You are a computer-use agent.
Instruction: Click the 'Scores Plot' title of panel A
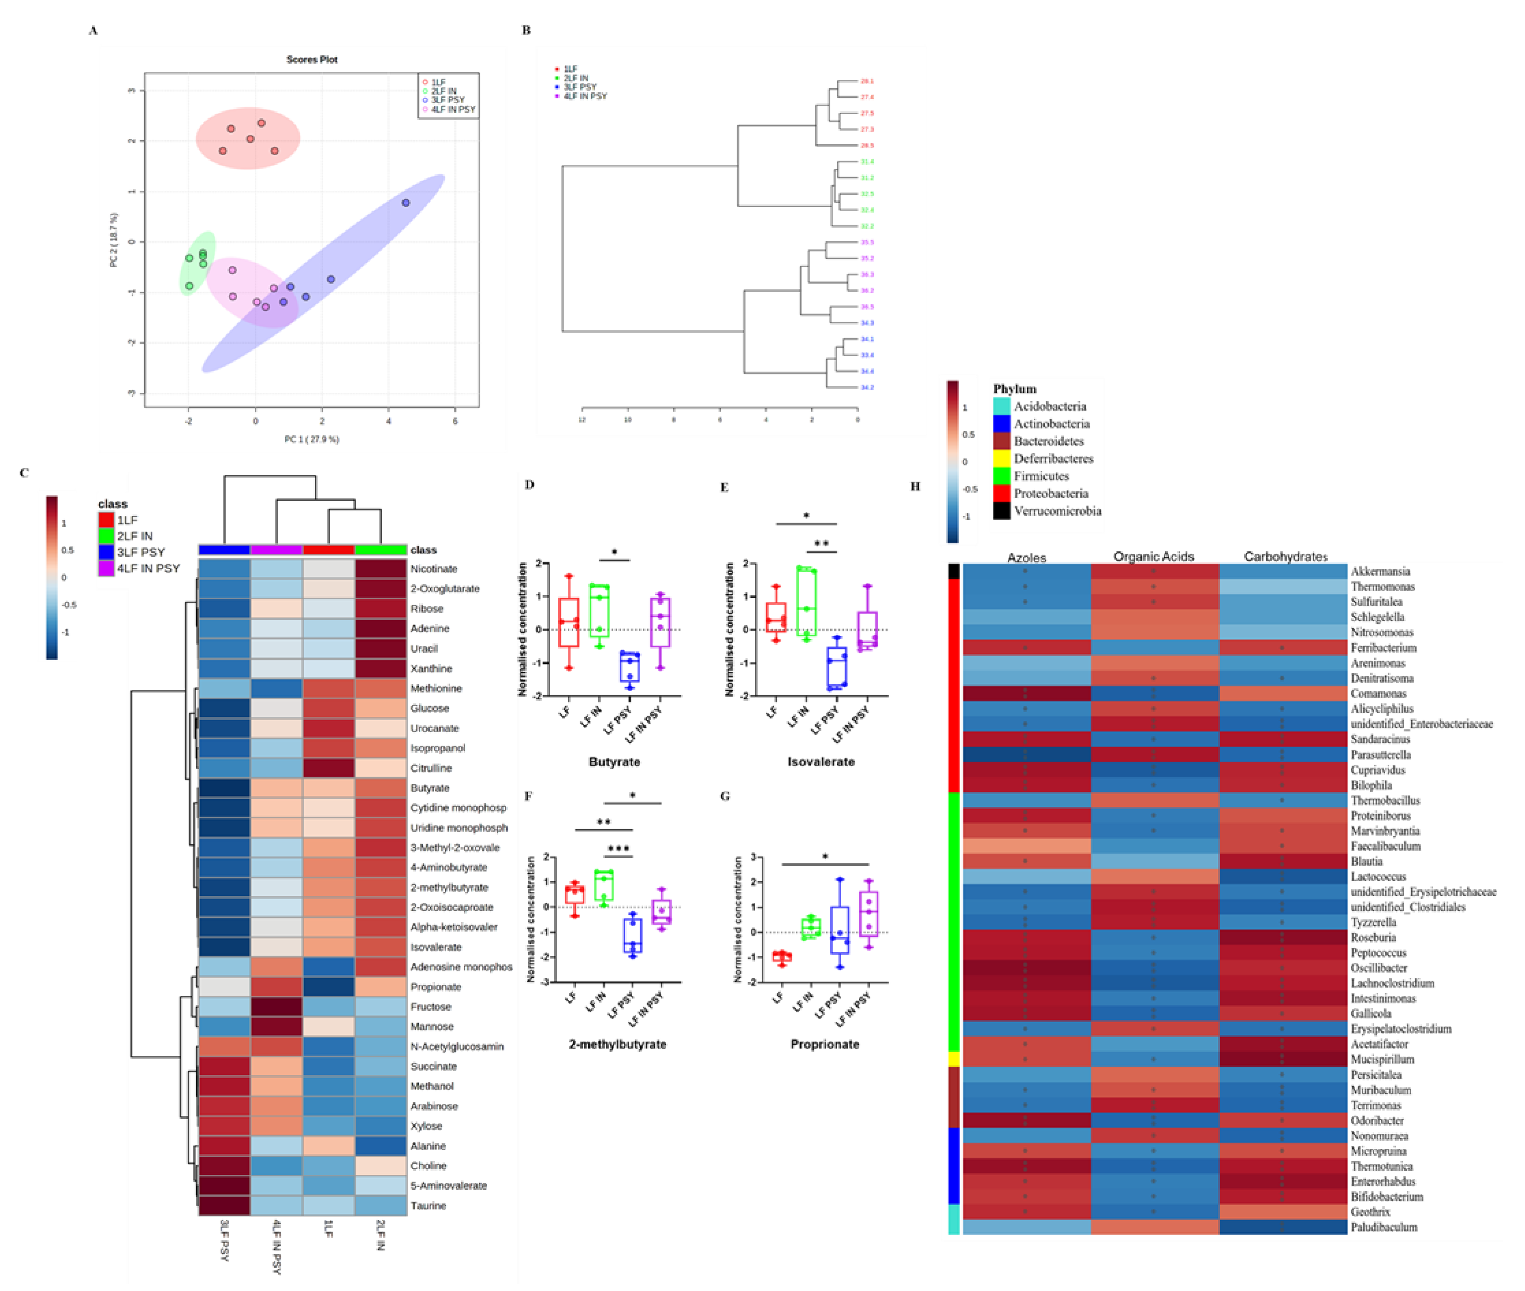click(312, 59)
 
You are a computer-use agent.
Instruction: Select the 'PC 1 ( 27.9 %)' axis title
click(312, 439)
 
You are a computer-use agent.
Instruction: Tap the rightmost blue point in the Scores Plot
click(405, 203)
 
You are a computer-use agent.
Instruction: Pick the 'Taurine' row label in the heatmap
click(428, 1205)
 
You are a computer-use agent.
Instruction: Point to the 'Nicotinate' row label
click(434, 569)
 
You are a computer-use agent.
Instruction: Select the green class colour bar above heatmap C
click(380, 550)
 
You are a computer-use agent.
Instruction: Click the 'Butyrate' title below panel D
click(614, 762)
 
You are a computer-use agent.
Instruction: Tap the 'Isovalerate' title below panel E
click(820, 762)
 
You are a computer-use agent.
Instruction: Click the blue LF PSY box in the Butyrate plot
click(629, 666)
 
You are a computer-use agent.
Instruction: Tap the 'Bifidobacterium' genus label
click(1387, 1197)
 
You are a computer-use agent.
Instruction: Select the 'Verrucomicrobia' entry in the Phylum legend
click(1057, 511)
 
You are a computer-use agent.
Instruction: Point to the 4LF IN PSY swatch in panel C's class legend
click(106, 568)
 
